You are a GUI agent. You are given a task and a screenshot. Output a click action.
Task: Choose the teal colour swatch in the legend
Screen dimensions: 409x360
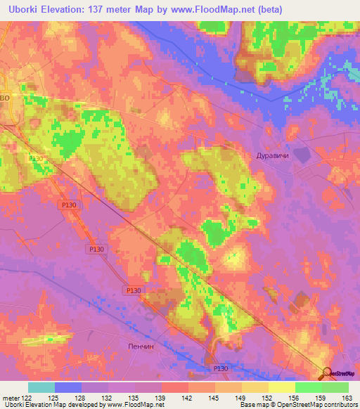tap(41, 387)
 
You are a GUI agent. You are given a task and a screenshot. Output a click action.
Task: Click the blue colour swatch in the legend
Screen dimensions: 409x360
tap(68, 387)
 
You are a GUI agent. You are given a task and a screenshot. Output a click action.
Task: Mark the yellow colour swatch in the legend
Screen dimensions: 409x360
tap(282, 387)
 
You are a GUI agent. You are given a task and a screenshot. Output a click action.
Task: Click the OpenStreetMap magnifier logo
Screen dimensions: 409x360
tap(327, 373)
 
